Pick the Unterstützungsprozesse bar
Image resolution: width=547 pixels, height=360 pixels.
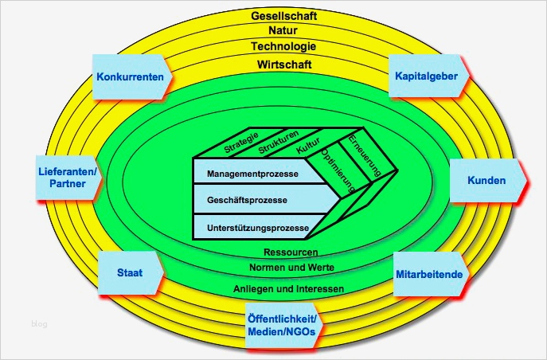[256, 228]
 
